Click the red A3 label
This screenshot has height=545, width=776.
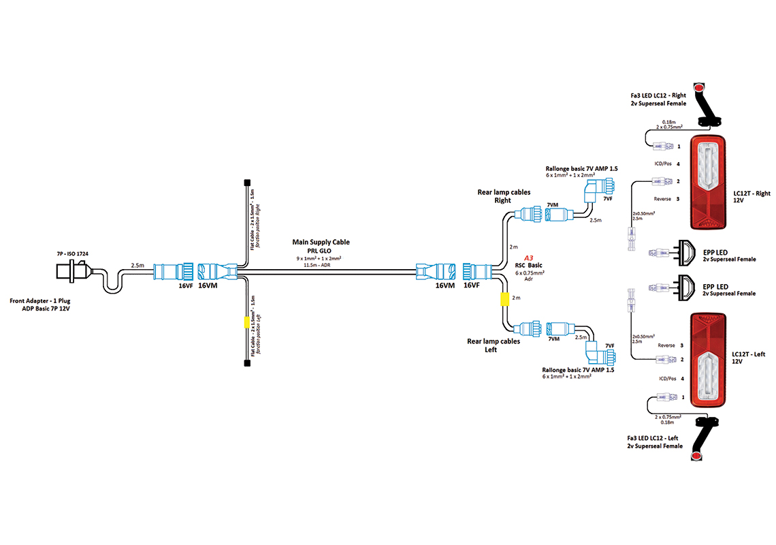(528, 258)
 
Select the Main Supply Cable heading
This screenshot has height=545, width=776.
(321, 242)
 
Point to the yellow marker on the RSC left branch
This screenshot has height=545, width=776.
(505, 299)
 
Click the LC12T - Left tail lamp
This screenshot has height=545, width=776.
(709, 360)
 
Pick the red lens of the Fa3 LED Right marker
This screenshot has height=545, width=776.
(697, 89)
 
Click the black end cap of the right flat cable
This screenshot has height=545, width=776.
(246, 183)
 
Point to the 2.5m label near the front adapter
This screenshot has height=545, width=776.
(138, 265)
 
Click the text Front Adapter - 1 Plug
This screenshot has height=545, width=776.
(42, 300)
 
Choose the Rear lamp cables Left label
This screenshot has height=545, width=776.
(494, 345)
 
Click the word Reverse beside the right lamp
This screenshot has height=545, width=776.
(662, 198)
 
